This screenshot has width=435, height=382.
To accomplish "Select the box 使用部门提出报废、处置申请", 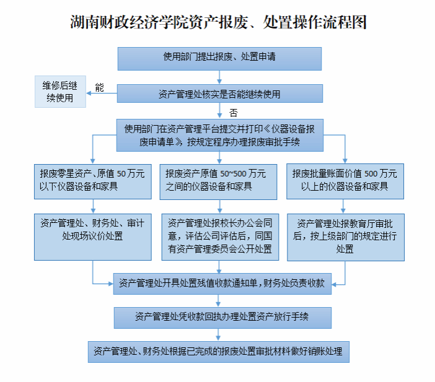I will tap(219, 58).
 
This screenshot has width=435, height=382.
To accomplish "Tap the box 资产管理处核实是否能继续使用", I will tap(219, 93).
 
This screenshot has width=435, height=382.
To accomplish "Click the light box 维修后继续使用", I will tap(60, 92).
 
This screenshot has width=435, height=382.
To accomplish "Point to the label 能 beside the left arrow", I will tap(99, 88).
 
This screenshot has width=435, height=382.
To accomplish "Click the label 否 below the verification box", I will tap(233, 113).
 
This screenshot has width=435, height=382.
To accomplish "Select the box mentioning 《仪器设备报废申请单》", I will tap(219, 135).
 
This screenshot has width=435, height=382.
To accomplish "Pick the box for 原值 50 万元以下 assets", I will tap(92, 180).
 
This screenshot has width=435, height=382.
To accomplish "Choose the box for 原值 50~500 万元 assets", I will tap(219, 180).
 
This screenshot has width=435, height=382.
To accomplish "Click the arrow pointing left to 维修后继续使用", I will tap(102, 93).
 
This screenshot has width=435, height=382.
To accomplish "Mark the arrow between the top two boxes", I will tap(219, 77).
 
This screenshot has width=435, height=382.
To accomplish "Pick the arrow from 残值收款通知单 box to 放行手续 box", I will tap(220, 300).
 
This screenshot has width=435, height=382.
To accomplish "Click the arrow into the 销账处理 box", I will tap(220, 334).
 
